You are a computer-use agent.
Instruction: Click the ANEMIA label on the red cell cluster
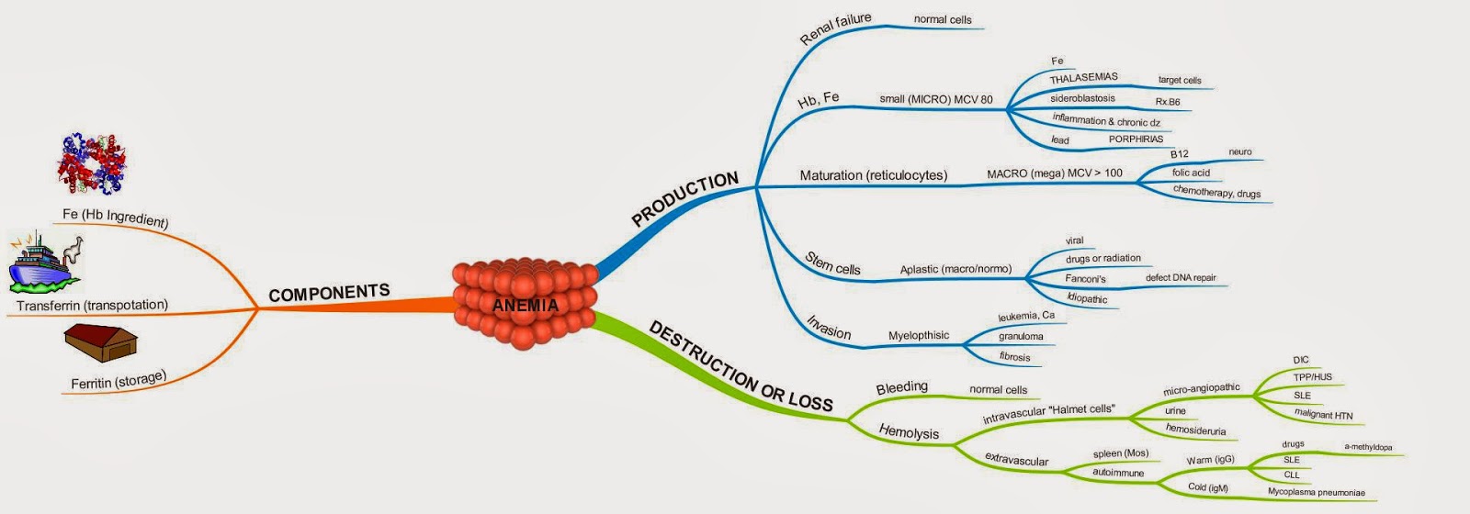(526, 305)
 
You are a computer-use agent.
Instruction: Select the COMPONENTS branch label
(329, 293)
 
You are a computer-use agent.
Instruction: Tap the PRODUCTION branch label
(685, 199)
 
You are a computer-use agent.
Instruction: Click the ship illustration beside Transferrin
(45, 262)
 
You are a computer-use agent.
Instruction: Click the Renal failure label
(835, 28)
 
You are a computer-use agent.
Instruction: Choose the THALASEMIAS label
(1084, 78)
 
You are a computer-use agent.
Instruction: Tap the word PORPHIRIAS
(1136, 140)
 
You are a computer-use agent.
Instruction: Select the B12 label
(1179, 154)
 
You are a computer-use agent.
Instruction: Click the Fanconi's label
(1085, 279)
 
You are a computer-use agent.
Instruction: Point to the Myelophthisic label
(919, 336)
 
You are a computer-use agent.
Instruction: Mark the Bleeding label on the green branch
(901, 387)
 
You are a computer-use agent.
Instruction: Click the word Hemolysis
(909, 431)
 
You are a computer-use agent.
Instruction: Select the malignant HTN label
(1323, 414)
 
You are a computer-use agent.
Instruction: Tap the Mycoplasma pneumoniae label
(1316, 493)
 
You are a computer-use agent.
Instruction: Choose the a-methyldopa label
(1368, 448)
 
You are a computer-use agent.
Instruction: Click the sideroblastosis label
(1082, 98)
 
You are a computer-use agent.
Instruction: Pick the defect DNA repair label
(1181, 277)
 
